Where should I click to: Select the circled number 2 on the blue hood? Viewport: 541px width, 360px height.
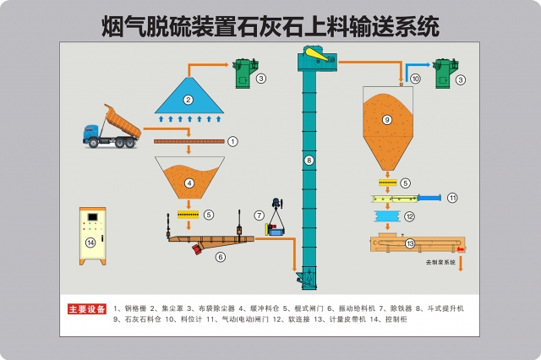point(189,100)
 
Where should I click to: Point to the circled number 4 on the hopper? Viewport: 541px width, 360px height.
point(189,183)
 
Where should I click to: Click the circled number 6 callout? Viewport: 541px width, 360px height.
point(221,256)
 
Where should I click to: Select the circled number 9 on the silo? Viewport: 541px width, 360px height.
point(387,120)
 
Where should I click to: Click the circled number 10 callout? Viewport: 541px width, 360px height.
point(415,78)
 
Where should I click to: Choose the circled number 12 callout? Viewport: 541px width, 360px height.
point(409,216)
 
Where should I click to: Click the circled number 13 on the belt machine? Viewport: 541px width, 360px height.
point(411,243)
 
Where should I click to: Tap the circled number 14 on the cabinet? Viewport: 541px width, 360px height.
point(91,243)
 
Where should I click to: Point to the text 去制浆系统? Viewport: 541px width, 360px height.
point(440,263)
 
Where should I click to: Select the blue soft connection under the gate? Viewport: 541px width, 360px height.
point(388,217)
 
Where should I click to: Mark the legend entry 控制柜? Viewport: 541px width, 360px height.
point(396,321)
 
